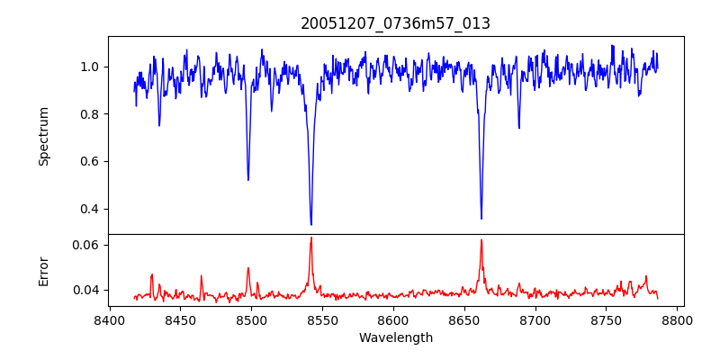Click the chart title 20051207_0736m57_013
(x=395, y=23)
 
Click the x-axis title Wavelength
(x=395, y=338)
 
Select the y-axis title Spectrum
(x=43, y=136)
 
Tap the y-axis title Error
(x=43, y=270)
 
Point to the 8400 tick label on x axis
(x=109, y=319)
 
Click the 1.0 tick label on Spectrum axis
(x=90, y=67)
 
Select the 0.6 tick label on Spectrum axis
(x=90, y=162)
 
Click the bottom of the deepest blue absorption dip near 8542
(x=310, y=224)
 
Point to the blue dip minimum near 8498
(x=248, y=180)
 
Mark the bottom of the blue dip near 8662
(x=481, y=219)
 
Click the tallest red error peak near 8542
(x=310, y=238)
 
